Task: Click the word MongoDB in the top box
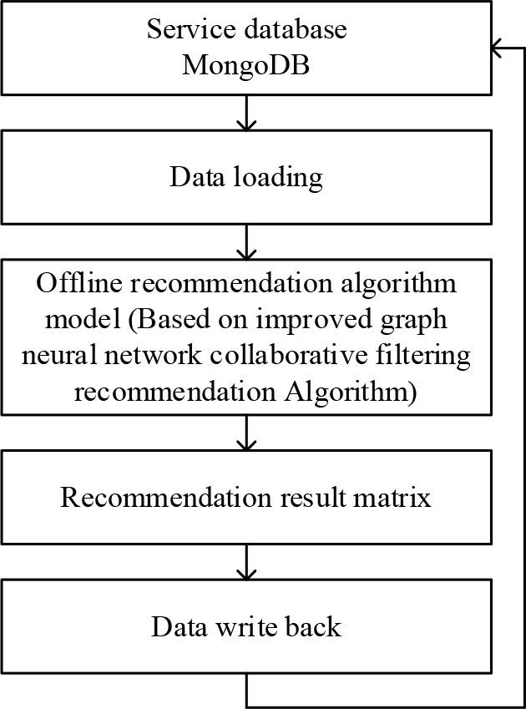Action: (246, 64)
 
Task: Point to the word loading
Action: (281, 177)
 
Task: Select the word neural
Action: (63, 355)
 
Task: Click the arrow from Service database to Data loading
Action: (246, 113)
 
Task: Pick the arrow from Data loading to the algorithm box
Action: (246, 243)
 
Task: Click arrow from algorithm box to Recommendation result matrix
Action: (246, 433)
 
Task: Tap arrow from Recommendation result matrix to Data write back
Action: (246, 562)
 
